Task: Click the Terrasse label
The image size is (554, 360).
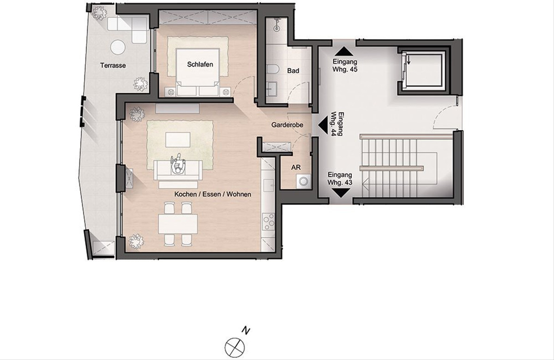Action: click(x=113, y=66)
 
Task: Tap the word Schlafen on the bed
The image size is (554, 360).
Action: click(x=200, y=65)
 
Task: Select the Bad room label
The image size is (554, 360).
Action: click(x=293, y=71)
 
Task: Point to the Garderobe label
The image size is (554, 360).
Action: click(x=287, y=125)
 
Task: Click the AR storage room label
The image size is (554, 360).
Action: click(x=296, y=168)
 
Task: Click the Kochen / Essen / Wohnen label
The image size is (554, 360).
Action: click(x=213, y=194)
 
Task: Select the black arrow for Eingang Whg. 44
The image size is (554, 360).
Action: click(x=323, y=125)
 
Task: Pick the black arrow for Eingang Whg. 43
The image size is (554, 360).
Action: click(x=341, y=193)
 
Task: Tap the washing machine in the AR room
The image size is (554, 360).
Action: click(x=303, y=182)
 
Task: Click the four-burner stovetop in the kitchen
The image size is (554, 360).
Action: click(x=268, y=222)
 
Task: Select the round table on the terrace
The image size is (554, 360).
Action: click(x=118, y=47)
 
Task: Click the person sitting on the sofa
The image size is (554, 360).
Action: click(x=178, y=164)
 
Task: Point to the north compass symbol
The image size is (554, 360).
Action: click(x=235, y=347)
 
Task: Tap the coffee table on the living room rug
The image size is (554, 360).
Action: click(x=178, y=140)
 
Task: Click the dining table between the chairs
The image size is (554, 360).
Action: click(x=178, y=224)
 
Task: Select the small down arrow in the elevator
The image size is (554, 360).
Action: click(x=409, y=60)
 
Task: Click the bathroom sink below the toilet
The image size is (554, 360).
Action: click(x=272, y=87)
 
